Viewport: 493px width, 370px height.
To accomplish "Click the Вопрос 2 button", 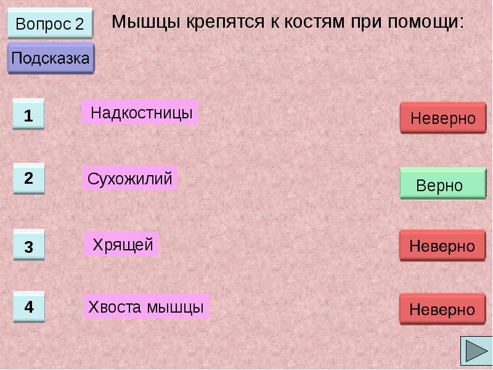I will point(49,25).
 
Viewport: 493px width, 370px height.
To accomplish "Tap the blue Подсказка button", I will point(51,59).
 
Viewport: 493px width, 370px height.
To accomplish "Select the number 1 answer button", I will point(28,115).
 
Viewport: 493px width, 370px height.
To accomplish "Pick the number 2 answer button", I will point(28,179).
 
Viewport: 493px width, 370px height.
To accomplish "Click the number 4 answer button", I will point(29,307).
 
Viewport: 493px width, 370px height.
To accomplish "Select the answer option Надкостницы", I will point(140,113).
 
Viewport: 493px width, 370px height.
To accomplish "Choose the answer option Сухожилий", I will point(129,179).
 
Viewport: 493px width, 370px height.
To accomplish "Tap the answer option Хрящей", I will point(122,245).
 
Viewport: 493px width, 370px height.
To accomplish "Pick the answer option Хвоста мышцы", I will point(146,306).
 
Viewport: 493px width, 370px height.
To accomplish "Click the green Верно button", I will point(442,184).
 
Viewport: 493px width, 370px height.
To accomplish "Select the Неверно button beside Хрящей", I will point(442,246).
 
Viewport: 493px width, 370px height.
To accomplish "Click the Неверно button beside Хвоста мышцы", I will point(442,309).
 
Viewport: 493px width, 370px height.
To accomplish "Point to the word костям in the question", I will point(314,23).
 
